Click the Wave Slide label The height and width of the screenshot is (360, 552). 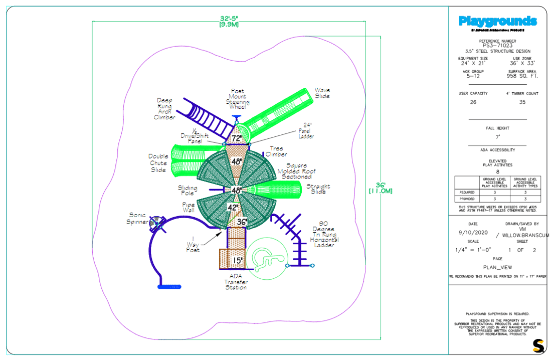click(322, 93)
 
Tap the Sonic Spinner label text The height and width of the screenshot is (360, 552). click(138, 219)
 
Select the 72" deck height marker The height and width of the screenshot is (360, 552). click(236, 138)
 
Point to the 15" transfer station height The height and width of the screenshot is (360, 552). click(237, 260)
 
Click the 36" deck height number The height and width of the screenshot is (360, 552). click(242, 222)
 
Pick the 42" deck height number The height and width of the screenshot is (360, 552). click(233, 207)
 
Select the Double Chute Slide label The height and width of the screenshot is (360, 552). click(158, 163)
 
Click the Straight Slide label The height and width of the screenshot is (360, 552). click(318, 189)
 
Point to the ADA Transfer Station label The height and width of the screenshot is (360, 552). click(236, 281)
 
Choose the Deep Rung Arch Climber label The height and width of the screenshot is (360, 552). click(164, 109)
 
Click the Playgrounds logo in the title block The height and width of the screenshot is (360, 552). click(497, 22)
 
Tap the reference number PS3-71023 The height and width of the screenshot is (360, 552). click(497, 45)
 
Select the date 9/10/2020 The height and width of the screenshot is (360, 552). click(473, 233)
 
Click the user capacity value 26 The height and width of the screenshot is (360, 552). click(473, 102)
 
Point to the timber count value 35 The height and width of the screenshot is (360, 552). click(522, 102)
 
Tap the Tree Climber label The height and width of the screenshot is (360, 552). click(276, 151)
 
